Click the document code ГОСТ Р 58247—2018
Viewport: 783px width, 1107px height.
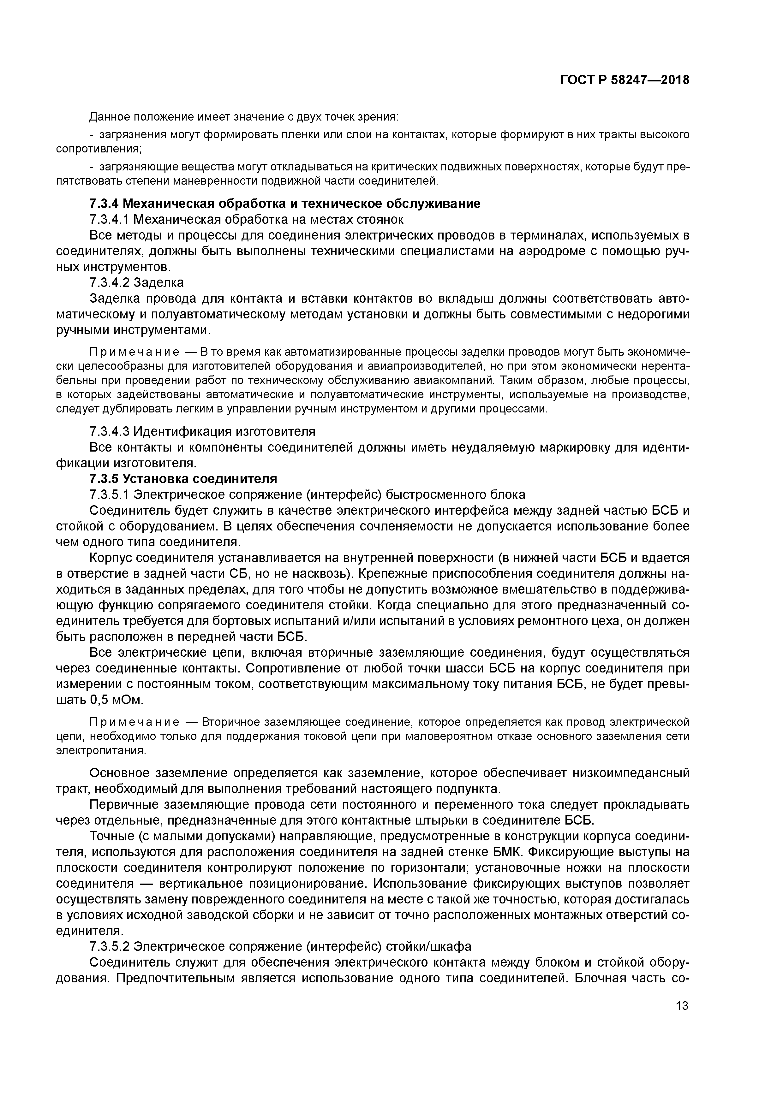pos(624,80)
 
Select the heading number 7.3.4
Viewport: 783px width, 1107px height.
pos(104,204)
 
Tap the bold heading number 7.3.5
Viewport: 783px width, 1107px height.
pos(104,479)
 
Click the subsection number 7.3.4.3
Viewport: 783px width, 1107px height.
pos(110,431)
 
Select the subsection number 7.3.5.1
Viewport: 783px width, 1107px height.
pos(110,495)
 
